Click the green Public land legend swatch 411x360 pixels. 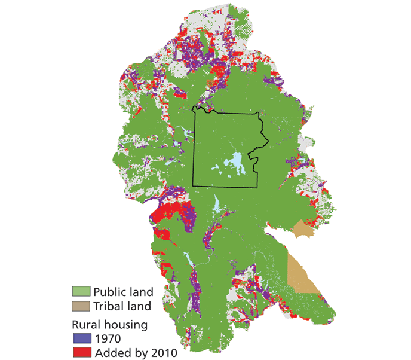pyautogui.click(x=82, y=292)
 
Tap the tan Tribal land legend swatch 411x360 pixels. pyautogui.click(x=82, y=306)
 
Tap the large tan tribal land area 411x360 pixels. pyautogui.click(x=302, y=272)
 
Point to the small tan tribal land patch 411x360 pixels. pyautogui.click(x=302, y=229)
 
